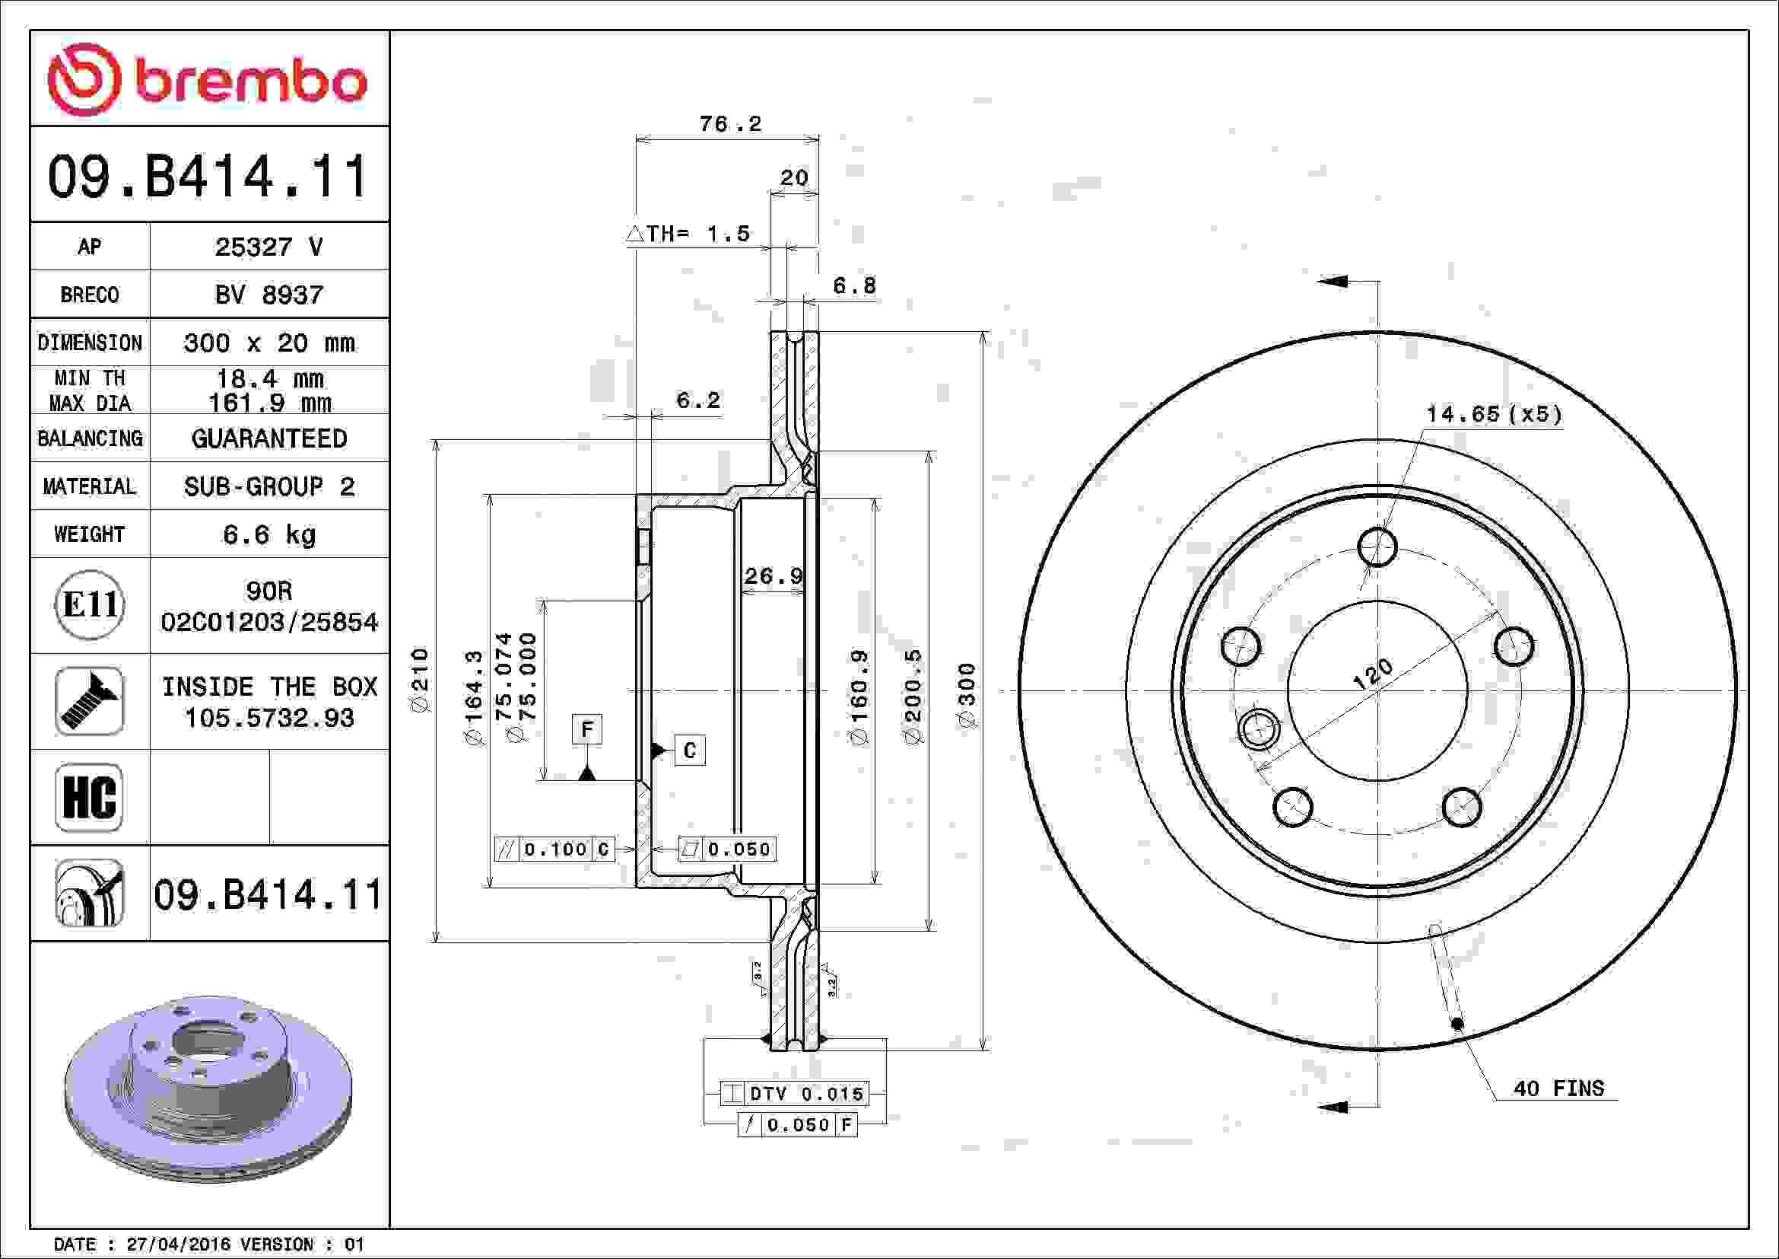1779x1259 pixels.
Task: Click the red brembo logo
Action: coord(207,80)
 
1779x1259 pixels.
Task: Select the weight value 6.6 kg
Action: coord(268,534)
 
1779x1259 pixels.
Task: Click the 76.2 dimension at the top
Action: coord(730,124)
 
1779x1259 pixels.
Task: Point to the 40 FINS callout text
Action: coord(1558,1088)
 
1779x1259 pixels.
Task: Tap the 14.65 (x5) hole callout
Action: coord(1493,414)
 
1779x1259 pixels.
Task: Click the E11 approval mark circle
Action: coord(90,604)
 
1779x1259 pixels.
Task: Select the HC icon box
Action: coord(90,797)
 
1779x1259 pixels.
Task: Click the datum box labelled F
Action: coord(586,729)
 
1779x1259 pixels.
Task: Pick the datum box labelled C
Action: coord(690,751)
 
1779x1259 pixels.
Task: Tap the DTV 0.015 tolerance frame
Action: coord(795,1094)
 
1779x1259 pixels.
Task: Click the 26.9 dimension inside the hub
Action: coord(774,576)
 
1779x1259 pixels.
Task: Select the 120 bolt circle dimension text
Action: coord(1372,674)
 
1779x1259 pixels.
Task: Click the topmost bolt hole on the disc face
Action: coord(1377,547)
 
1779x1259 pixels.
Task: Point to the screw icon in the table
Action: coord(90,701)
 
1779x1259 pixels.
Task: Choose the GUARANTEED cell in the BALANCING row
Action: coord(268,438)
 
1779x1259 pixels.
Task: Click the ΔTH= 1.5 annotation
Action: coord(688,234)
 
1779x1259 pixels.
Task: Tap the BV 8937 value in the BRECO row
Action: coord(268,295)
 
